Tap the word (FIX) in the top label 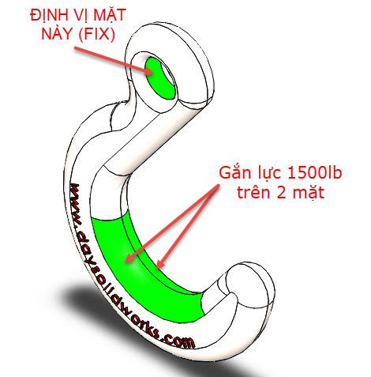96,34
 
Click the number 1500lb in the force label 314,173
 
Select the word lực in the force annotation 268,174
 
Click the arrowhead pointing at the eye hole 149,71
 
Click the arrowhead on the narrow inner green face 159,264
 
